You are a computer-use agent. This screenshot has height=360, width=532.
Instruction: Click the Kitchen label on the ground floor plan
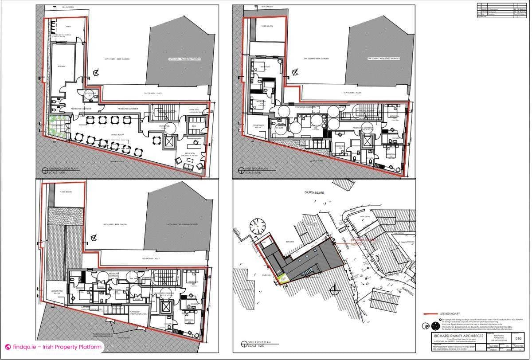62,67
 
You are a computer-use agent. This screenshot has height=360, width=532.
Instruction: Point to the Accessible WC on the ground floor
89,95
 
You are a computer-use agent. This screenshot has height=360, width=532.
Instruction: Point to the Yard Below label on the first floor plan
266,27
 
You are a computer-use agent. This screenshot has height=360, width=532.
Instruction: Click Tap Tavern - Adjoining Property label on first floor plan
383,59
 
